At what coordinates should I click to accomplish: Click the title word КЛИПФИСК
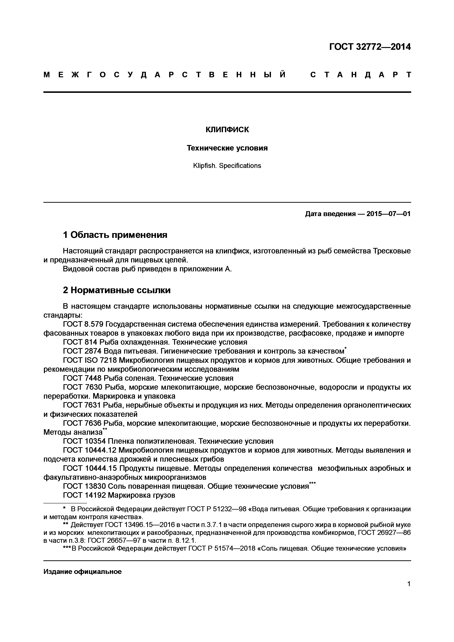(227, 130)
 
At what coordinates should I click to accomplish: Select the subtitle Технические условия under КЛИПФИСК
(227, 148)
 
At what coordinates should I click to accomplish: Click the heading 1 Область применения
(115, 235)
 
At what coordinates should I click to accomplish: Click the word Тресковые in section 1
(391, 251)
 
